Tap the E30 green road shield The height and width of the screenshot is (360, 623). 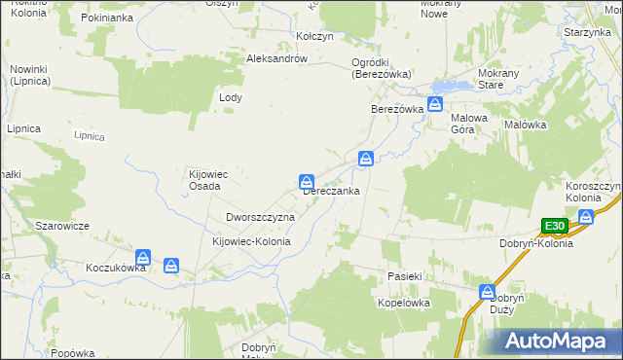[555, 226]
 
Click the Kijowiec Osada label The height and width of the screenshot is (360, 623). [207, 181]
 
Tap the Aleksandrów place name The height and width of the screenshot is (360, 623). [277, 58]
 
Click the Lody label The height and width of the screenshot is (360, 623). [231, 98]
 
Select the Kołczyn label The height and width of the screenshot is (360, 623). [314, 36]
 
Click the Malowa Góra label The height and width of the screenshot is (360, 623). [469, 124]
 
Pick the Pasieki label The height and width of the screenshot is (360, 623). [402, 277]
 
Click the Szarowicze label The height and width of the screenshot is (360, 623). [62, 226]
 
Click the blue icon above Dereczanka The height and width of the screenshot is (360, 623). [306, 181]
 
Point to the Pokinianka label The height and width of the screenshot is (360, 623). [107, 18]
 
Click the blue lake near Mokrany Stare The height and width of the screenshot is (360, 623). [443, 86]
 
